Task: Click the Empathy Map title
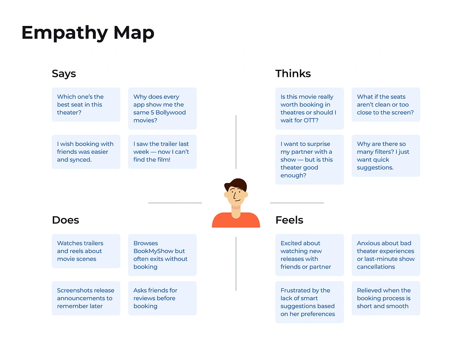point(88,33)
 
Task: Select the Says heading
point(64,74)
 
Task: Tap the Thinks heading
point(293,74)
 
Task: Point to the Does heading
point(65,220)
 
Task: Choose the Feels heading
point(289,220)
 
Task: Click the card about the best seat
point(86,105)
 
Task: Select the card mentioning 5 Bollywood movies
point(162,109)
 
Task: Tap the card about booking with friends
point(86,152)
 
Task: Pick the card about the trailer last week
point(162,152)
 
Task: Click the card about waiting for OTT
point(309,109)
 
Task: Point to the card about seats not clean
point(386,105)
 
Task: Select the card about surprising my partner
point(309,159)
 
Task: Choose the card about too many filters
point(386,156)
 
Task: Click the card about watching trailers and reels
point(86,251)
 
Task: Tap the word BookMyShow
point(153,251)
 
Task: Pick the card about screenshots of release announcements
point(86,298)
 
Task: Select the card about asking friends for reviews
point(162,298)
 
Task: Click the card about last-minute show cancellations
point(386,255)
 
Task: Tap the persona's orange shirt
point(236,221)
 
